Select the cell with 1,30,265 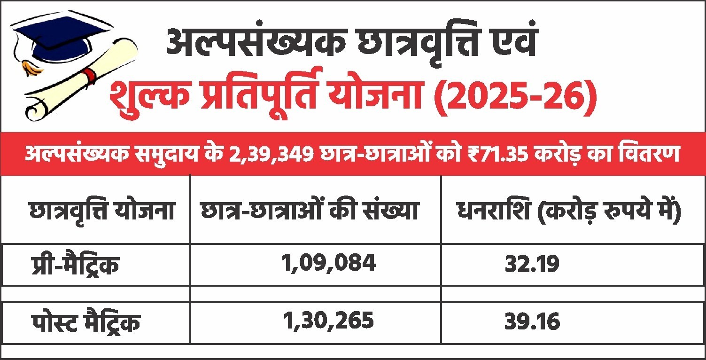pos(328,321)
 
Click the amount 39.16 pos(532,322)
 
